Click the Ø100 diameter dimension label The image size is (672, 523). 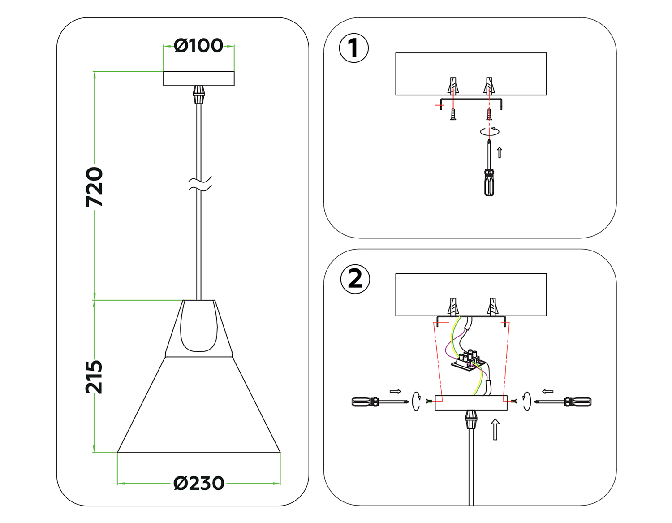click(x=198, y=46)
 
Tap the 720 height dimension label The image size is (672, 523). click(x=95, y=187)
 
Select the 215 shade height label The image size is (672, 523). click(x=94, y=377)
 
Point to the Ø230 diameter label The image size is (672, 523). click(x=199, y=484)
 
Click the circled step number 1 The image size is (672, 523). click(x=353, y=48)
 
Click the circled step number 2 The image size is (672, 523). click(x=355, y=279)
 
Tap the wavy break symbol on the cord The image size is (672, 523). click(x=199, y=183)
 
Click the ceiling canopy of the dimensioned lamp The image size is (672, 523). click(x=198, y=78)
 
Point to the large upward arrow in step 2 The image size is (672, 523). click(x=495, y=429)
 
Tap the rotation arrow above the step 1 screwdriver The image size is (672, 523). click(x=490, y=131)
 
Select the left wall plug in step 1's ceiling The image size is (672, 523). click(x=453, y=85)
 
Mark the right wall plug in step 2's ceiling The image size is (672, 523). click(x=492, y=307)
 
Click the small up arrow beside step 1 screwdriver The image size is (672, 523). click(x=500, y=152)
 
